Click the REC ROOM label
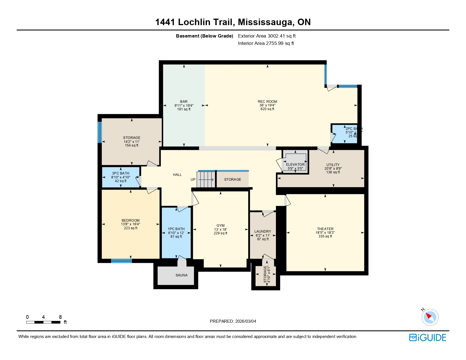(x=267, y=102)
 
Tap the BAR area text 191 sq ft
(x=184, y=109)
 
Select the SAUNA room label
(x=181, y=275)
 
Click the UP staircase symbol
(x=206, y=180)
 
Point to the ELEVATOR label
(x=295, y=165)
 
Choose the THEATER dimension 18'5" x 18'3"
(x=325, y=233)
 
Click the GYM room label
(x=220, y=226)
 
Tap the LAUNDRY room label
(x=263, y=232)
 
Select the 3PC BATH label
(x=121, y=173)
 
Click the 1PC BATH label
(x=176, y=229)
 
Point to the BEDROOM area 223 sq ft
(x=130, y=228)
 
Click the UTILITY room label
(x=333, y=165)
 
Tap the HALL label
(x=177, y=175)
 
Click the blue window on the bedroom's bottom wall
(x=121, y=261)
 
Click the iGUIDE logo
(x=428, y=338)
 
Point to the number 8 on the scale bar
(x=60, y=317)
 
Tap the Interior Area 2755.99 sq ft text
(x=266, y=43)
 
